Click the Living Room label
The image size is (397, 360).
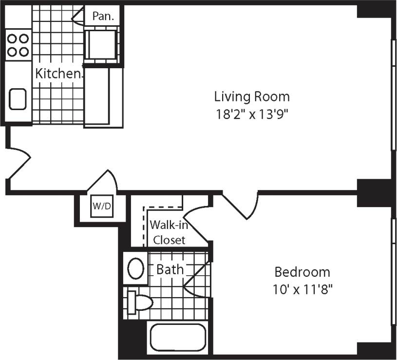251,96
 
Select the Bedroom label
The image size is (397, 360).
302,271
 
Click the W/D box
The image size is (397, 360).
102,207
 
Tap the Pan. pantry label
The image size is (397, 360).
103,16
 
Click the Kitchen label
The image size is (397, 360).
58,74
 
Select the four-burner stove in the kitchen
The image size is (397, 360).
18,44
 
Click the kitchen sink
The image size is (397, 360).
18,99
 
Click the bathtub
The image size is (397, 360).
177,338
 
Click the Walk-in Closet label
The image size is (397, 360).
168,232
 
